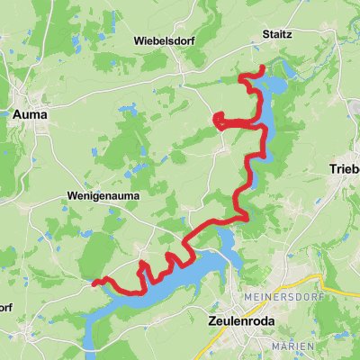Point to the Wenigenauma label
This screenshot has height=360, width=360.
click(99, 194)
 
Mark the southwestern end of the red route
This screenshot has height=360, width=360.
click(93, 283)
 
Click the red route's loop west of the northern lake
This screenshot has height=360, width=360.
click(219, 119)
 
